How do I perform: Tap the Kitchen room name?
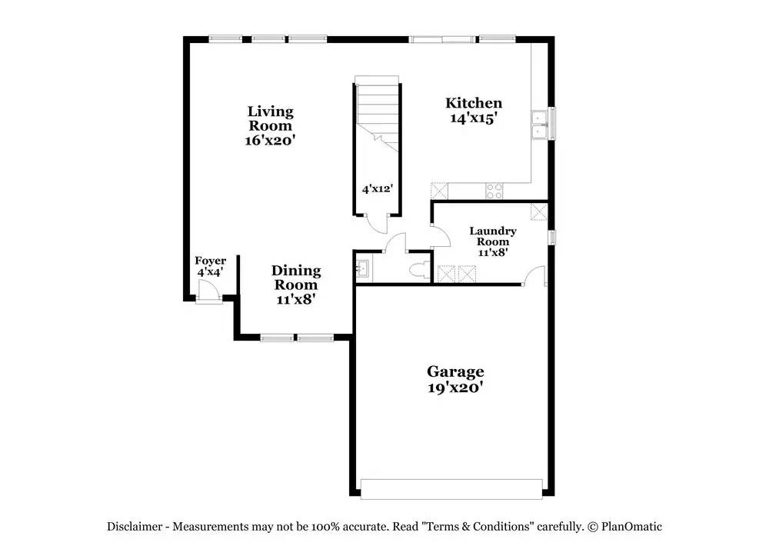click(474, 103)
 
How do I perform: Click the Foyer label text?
click(210, 261)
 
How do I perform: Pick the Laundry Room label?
click(492, 236)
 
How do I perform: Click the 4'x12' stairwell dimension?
click(378, 188)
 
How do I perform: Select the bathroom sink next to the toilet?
click(363, 269)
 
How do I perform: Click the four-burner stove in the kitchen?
click(494, 191)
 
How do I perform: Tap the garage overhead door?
click(451, 489)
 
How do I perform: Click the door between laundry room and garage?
click(534, 275)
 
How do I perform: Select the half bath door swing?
click(395, 244)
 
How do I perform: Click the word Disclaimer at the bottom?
click(135, 527)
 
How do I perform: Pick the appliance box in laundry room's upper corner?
click(539, 211)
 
